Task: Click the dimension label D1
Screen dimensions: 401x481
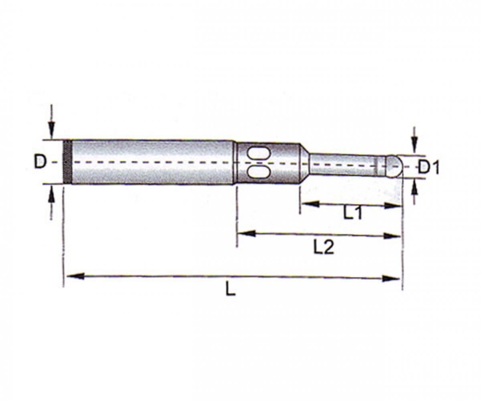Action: (x=430, y=168)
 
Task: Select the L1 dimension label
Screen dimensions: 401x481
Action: (x=353, y=214)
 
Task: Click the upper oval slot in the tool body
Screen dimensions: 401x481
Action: (x=257, y=154)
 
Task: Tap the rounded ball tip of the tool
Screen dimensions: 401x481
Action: (x=394, y=166)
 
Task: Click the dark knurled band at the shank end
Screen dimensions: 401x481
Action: (x=66, y=162)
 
